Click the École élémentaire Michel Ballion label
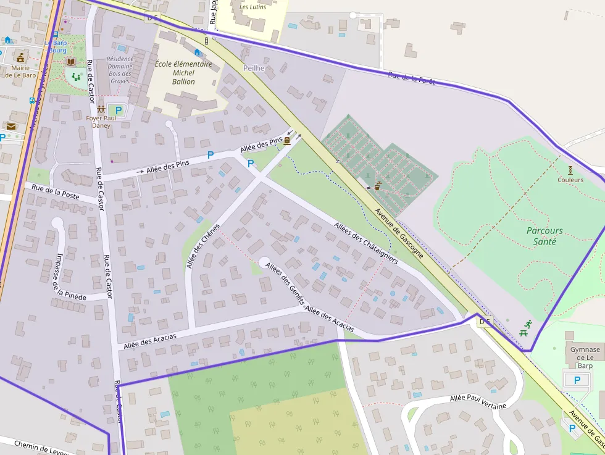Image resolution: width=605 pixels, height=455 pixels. pyautogui.click(x=183, y=73)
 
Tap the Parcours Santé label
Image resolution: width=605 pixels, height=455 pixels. pyautogui.click(x=544, y=236)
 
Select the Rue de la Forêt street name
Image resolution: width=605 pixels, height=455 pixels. pyautogui.click(x=411, y=78)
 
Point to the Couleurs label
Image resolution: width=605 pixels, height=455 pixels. pyautogui.click(x=570, y=180)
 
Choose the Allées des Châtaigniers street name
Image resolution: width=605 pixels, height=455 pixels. pyautogui.click(x=366, y=243)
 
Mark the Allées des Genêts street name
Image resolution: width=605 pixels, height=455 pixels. pyautogui.click(x=285, y=283)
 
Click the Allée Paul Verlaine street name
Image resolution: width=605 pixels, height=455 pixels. pyautogui.click(x=478, y=402)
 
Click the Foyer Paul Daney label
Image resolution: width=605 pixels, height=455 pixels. pyautogui.click(x=101, y=122)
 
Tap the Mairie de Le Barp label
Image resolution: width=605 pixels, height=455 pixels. pyautogui.click(x=20, y=72)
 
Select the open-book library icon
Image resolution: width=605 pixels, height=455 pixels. pyautogui.click(x=71, y=62)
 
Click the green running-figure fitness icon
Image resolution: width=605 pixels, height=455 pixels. pyautogui.click(x=528, y=324)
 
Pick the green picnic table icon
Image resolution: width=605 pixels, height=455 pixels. pyautogui.click(x=524, y=333)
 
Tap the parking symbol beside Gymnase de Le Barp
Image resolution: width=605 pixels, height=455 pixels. pyautogui.click(x=577, y=380)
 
